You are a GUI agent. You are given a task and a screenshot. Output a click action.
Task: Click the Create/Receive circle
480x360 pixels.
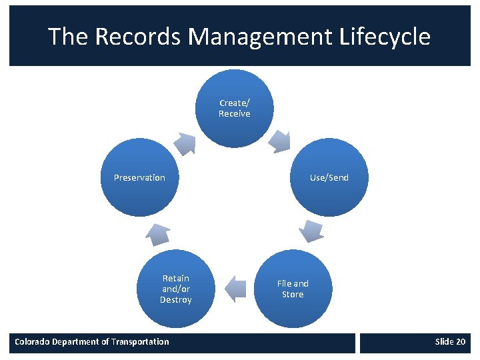(235, 109)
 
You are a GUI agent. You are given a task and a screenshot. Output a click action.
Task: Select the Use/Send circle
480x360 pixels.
(329, 177)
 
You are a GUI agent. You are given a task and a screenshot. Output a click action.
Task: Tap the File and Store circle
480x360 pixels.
(293, 288)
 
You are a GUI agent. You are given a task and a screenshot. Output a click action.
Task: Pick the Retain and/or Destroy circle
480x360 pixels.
(176, 288)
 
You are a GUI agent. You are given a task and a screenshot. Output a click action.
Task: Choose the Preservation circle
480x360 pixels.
(139, 177)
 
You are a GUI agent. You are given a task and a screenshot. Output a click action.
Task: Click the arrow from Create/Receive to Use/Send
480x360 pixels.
(279, 141)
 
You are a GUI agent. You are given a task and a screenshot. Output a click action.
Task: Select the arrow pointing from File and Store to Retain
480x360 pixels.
(234, 288)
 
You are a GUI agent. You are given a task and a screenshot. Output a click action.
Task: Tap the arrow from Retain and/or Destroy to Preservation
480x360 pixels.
(159, 233)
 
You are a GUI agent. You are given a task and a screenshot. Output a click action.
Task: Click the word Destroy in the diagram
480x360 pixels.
(176, 300)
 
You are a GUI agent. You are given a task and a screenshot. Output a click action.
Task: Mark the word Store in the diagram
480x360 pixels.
(293, 295)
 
